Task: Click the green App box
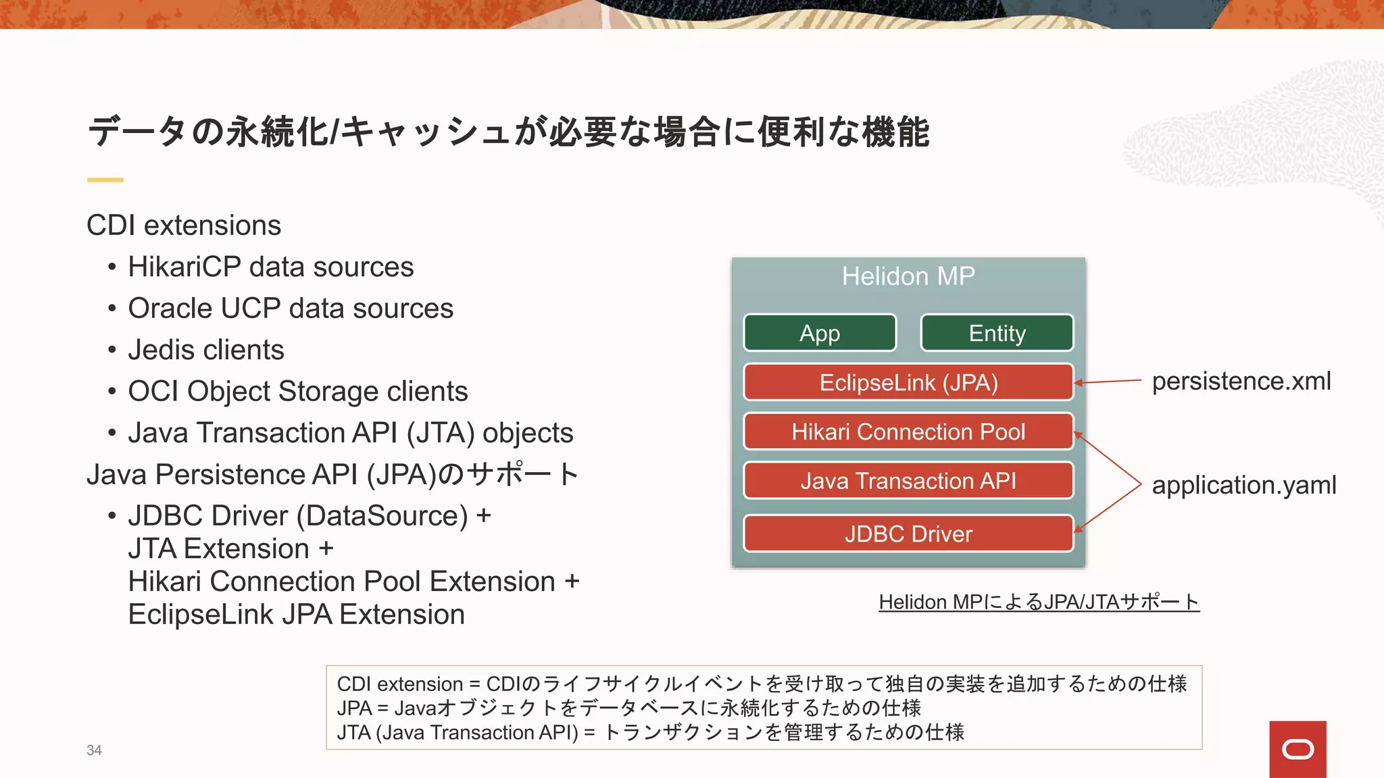pos(820,333)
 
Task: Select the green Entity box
pos(997,333)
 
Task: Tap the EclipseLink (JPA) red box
pos(908,382)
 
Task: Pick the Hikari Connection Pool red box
pos(908,432)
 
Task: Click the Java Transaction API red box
pos(908,481)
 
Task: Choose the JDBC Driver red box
pos(908,534)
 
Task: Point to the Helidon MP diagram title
pos(908,276)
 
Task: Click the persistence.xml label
pos(1241,381)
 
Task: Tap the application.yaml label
pos(1243,485)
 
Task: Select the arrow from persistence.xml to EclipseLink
pos(1108,382)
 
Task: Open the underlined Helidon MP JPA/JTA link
pos(1039,601)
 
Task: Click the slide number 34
pos(94,750)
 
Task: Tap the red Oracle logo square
pos(1297,749)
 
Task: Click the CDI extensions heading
pos(184,225)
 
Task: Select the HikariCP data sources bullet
pos(270,267)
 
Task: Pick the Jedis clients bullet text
pos(206,350)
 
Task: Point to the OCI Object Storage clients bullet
pos(297,391)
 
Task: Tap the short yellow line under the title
pos(105,180)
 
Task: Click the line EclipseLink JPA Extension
pos(296,615)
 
